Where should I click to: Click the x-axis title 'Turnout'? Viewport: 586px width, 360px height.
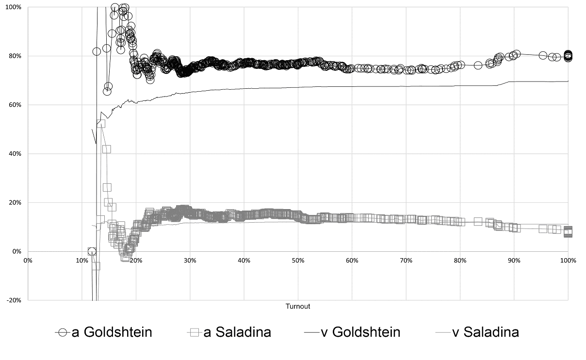[298, 307]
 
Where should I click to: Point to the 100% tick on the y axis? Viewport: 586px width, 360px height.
[14, 7]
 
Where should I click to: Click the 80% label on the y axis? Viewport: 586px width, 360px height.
[15, 56]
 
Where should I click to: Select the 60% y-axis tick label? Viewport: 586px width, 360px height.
[15, 105]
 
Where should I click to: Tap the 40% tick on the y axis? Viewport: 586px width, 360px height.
[15, 154]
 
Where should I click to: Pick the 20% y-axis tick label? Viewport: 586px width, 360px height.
[15, 203]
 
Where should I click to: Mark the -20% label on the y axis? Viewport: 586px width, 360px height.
[14, 300]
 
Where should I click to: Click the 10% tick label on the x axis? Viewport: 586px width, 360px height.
[82, 261]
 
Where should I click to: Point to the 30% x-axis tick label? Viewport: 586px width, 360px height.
[190, 261]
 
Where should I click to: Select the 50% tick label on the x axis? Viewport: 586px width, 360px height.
[298, 261]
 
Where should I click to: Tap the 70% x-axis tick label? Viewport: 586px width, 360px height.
[406, 261]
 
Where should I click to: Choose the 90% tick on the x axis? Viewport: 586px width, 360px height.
[514, 261]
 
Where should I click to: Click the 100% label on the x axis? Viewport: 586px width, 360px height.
[568, 261]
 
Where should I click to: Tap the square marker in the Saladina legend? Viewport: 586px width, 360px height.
[195, 332]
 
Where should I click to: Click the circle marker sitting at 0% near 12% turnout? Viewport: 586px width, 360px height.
[92, 251]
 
